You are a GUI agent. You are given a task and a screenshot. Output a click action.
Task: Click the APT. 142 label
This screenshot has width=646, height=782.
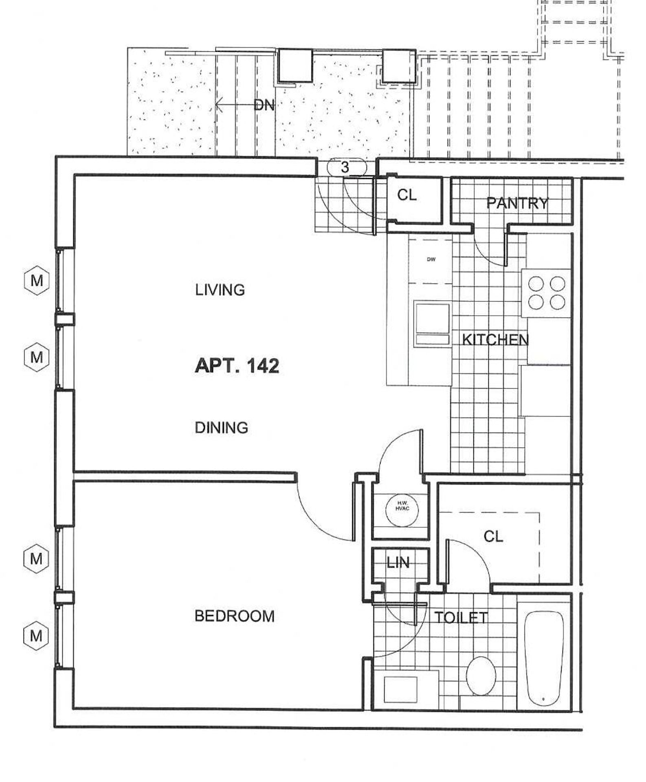pos(237,366)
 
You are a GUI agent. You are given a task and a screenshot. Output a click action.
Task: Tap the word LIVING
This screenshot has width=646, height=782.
pos(220,290)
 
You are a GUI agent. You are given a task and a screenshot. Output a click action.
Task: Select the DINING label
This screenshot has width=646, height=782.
pos(221,428)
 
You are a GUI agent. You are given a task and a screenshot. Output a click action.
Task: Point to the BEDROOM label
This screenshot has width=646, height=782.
pos(235,616)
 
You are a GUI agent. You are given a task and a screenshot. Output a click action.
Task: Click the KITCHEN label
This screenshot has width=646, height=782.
pos(495,339)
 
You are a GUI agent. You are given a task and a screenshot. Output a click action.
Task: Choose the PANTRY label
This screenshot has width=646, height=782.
pos(517,203)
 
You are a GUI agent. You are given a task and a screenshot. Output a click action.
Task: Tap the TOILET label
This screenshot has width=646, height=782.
pos(461,618)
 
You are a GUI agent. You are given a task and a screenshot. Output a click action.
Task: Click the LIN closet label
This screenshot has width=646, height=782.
pos(398,562)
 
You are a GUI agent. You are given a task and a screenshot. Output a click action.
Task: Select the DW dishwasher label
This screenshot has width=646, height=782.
pos(431,259)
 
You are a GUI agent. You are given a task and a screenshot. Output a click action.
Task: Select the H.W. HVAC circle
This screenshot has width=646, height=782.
pos(402,510)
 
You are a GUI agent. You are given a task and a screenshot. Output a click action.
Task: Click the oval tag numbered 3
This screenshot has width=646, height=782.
pos(345,167)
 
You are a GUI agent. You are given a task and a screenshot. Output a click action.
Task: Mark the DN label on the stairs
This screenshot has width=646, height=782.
pos(264,105)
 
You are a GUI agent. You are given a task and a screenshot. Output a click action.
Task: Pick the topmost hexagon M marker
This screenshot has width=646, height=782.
pos(37,280)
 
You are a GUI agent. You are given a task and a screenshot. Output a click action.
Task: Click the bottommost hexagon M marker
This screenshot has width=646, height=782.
pos(36,635)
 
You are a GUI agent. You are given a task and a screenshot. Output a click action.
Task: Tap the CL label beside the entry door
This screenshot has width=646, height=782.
pos(407,195)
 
